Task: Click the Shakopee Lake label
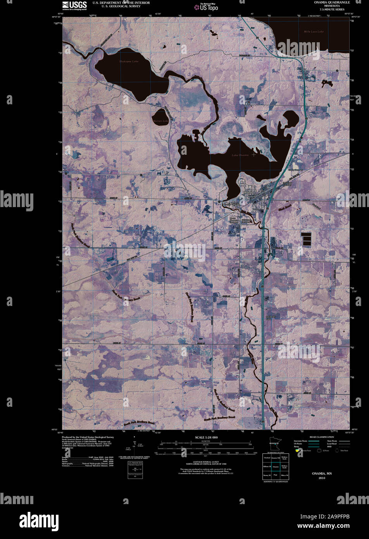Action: click(x=129, y=61)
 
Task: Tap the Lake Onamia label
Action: click(x=240, y=155)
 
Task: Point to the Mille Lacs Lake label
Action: click(x=314, y=31)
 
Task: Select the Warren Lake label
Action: click(x=161, y=121)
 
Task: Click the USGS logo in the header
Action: click(x=74, y=5)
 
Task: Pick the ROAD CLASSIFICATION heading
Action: click(x=322, y=437)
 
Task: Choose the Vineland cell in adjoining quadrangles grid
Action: click(x=267, y=458)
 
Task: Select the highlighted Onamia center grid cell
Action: click(x=276, y=466)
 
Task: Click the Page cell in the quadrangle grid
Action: click(x=276, y=475)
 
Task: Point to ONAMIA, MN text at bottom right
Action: click(x=322, y=473)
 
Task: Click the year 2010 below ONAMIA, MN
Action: click(x=322, y=478)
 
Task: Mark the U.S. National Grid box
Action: click(x=135, y=470)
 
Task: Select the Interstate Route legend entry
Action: click(x=300, y=441)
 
